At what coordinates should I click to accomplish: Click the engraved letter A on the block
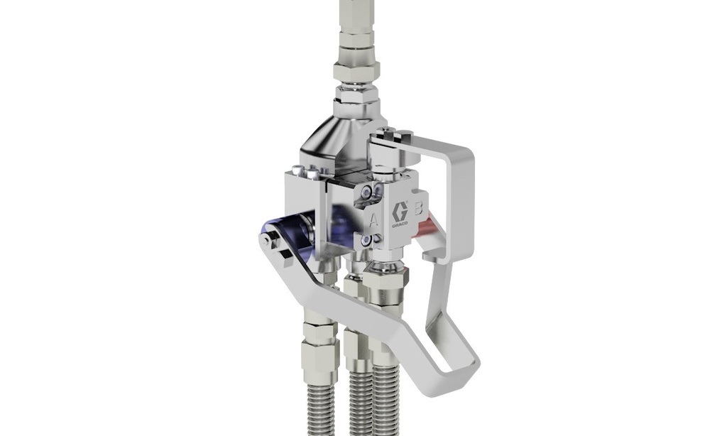pyautogui.click(x=373, y=220)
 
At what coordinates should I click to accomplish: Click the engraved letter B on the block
pyautogui.click(x=418, y=208)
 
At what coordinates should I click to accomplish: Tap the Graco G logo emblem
pyautogui.click(x=400, y=212)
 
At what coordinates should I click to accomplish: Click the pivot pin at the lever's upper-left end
pyautogui.click(x=266, y=241)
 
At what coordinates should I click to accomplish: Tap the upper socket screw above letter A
pyautogui.click(x=367, y=191)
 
